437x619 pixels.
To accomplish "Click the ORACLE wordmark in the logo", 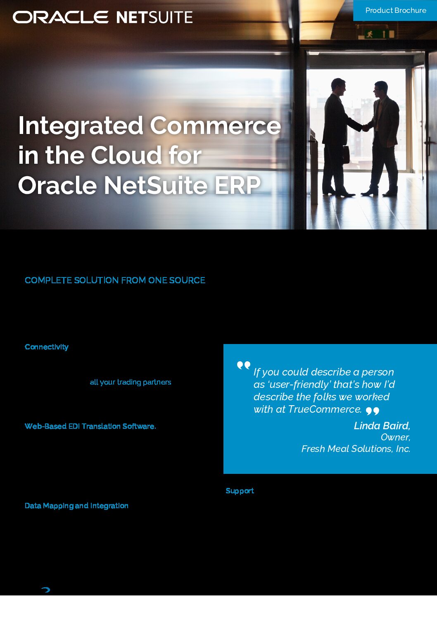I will click(x=60, y=17).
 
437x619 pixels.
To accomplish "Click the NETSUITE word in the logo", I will click(x=154, y=17).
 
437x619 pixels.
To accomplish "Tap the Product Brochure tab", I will click(x=395, y=10).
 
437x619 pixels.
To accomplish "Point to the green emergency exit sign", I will click(x=376, y=34).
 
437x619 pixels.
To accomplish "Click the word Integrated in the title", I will click(x=81, y=126).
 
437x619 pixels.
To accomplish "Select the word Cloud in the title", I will click(x=126, y=155).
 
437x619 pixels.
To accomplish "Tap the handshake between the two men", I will click(x=366, y=128).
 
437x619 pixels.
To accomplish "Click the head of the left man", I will click(x=338, y=86).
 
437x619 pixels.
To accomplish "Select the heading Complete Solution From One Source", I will click(x=115, y=280).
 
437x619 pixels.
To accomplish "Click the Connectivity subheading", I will click(x=46, y=347).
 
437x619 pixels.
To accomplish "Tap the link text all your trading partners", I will click(x=131, y=382).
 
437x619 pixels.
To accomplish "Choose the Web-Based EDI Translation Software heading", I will click(x=90, y=426).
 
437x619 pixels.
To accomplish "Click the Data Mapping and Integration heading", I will click(x=76, y=506).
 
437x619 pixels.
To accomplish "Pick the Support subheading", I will click(x=240, y=491).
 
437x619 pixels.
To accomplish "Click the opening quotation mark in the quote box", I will click(x=243, y=366).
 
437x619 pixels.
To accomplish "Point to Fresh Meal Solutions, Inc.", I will click(x=356, y=449).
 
